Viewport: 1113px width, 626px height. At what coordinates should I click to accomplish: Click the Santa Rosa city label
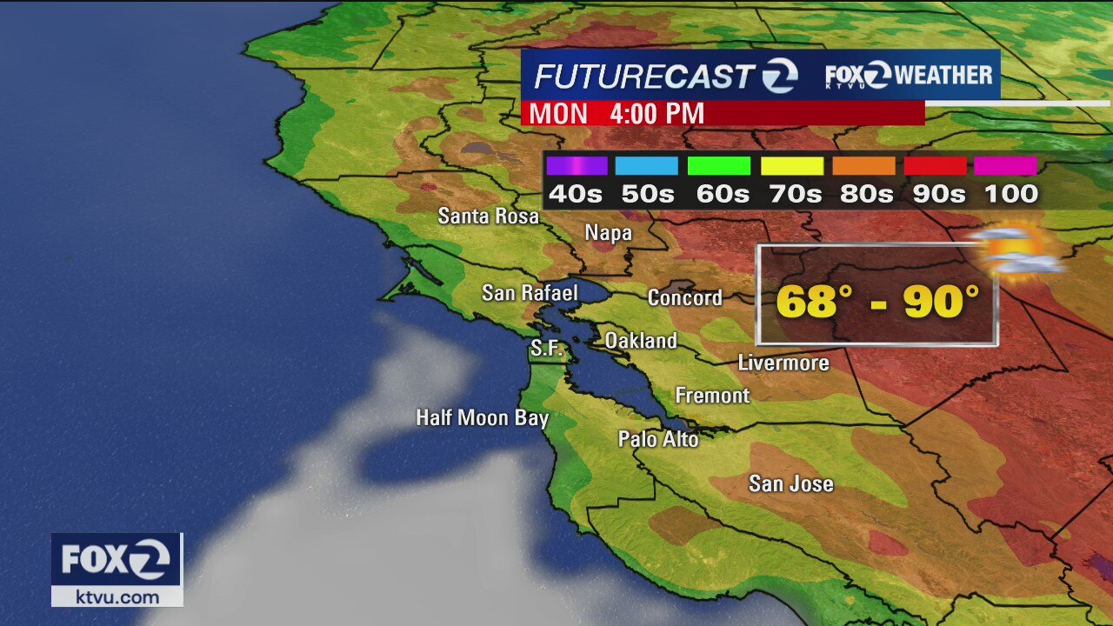[488, 216]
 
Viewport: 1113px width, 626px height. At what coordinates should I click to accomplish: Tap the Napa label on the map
[608, 233]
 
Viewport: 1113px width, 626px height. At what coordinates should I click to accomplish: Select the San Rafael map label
[530, 293]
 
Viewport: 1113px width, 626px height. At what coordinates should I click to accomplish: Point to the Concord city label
[684, 297]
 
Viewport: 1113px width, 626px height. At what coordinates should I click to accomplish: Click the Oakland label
[640, 340]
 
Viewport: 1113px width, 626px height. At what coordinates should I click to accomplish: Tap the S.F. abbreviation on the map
[547, 350]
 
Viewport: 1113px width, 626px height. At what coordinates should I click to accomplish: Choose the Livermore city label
[783, 363]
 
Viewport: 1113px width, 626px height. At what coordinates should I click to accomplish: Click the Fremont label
[712, 396]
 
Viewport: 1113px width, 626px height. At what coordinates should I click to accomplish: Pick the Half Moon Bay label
[482, 418]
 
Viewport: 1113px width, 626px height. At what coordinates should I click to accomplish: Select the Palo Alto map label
[658, 439]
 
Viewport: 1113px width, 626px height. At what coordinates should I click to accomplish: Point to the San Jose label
[790, 483]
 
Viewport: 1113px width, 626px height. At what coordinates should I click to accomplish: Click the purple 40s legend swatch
[576, 166]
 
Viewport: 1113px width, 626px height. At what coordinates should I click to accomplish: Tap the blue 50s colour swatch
[646, 166]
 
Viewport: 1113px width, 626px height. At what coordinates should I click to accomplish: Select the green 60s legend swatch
[718, 166]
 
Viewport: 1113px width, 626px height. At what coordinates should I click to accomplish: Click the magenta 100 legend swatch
[1005, 166]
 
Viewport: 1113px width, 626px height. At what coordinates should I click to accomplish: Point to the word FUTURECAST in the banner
[643, 77]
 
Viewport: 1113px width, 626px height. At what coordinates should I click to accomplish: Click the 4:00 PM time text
[656, 114]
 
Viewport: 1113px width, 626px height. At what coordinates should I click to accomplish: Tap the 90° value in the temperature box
[941, 302]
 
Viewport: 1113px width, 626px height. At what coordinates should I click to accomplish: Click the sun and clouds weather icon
[1015, 250]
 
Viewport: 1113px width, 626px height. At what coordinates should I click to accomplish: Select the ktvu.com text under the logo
[117, 597]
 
